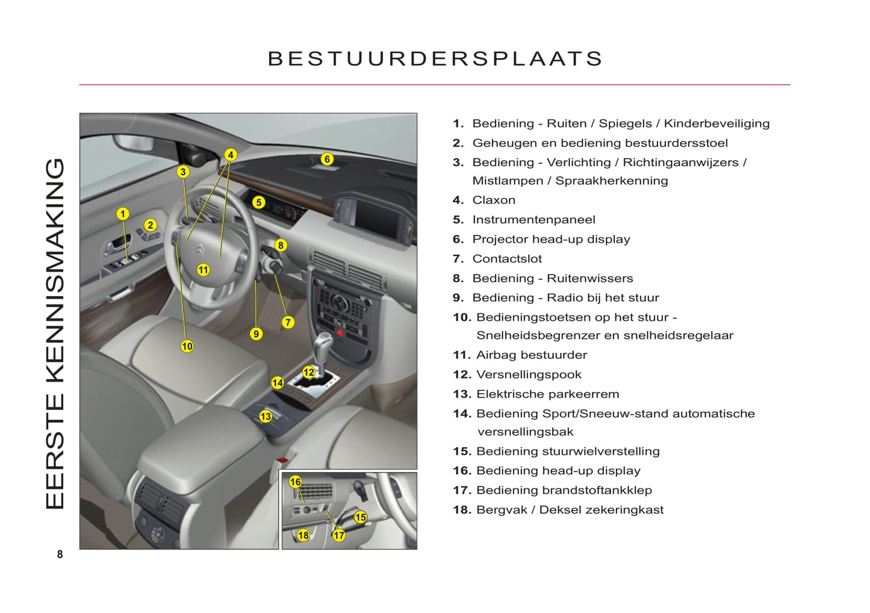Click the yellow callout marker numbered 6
tap(327, 159)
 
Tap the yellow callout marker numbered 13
tap(266, 416)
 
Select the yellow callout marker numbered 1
tap(123, 214)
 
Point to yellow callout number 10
tap(187, 346)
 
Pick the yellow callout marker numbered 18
tap(303, 535)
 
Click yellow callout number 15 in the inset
tap(360, 517)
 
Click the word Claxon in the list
tap(494, 200)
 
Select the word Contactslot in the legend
tap(507, 259)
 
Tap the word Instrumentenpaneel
tap(533, 220)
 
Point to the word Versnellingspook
tap(529, 375)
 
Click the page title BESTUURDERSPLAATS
tap(435, 59)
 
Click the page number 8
tap(60, 555)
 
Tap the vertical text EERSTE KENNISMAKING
tap(55, 334)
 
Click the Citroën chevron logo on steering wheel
tap(200, 250)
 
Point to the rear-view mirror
tap(134, 142)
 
